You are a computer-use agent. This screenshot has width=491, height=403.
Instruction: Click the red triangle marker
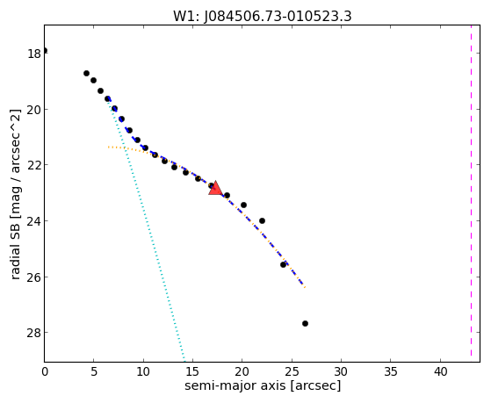215,189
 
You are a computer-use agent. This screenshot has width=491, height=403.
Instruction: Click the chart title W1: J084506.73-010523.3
263,17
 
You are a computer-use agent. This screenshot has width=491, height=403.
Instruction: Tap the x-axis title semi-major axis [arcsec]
263,385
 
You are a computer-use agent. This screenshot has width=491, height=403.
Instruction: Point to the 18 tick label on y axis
34,54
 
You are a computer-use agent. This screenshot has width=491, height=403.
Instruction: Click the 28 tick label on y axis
34,333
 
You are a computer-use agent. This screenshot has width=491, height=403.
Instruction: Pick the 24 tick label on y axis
34,221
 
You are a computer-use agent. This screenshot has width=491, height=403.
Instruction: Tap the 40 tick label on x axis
440,372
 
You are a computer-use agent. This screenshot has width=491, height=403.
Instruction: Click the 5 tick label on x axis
94,372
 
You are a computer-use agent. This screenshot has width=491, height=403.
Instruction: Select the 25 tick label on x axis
292,372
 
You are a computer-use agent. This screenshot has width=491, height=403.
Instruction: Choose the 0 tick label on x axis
45,372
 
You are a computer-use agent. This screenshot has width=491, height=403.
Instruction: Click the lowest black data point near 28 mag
305,323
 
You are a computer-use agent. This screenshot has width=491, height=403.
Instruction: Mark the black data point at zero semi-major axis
45,50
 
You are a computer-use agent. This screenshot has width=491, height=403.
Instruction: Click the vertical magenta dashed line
471,191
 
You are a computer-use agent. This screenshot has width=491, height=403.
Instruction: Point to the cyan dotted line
147,230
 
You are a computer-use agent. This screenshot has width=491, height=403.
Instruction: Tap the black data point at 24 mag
262,220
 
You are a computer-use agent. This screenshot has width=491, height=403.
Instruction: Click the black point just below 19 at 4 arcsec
86,73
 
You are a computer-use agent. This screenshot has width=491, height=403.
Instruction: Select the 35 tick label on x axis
391,372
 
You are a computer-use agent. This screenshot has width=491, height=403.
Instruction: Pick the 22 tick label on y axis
34,165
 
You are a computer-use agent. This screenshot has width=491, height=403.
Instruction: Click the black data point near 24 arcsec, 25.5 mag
283,264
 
